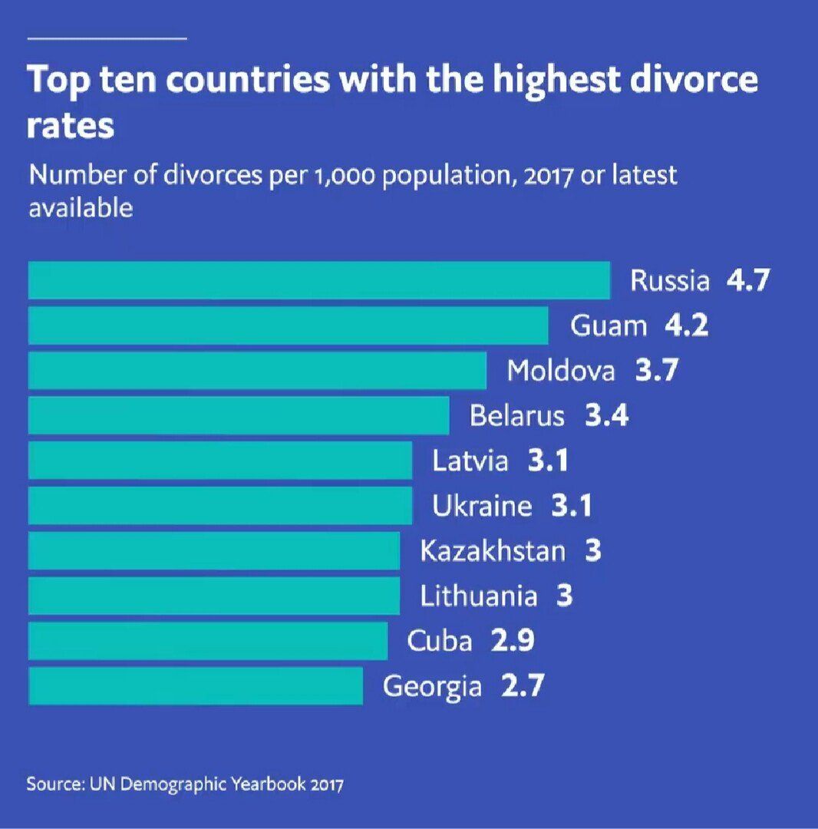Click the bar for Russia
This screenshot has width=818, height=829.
318,280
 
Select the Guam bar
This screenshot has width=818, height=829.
288,325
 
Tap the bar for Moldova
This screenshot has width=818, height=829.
257,371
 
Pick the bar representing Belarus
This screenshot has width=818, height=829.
238,416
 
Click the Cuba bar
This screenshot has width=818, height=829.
207,641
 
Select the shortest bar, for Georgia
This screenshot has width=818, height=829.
195,685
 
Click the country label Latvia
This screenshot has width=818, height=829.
470,461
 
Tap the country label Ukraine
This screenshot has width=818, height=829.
482,507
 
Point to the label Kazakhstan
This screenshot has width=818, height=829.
493,551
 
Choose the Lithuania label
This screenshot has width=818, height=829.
479,596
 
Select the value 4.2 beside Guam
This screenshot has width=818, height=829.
686,326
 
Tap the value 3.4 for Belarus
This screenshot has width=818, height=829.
606,416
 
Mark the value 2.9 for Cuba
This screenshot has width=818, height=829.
513,641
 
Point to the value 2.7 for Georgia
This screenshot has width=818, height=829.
522,685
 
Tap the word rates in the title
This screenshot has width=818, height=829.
70,126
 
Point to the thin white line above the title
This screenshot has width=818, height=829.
107,38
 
